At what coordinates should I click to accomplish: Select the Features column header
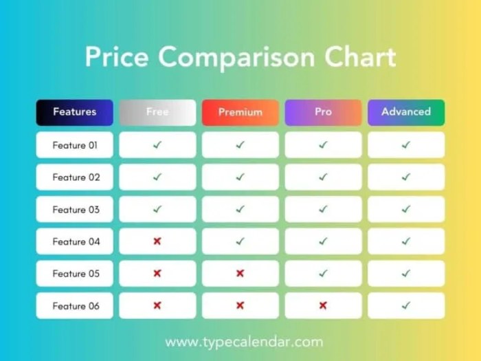(74, 112)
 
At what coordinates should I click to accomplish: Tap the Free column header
(157, 112)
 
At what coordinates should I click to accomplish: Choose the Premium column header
(240, 112)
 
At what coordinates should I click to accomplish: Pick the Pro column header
(323, 112)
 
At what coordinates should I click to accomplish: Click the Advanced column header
(405, 112)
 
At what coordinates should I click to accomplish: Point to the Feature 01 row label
(74, 145)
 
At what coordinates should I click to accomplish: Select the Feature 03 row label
(74, 209)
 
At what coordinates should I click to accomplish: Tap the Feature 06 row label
(74, 306)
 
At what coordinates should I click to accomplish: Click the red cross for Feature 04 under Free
(157, 241)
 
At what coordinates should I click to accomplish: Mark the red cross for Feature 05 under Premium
(240, 274)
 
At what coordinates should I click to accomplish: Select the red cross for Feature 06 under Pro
(323, 306)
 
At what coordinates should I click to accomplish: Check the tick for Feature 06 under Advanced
(405, 306)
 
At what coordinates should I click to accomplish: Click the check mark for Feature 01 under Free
(157, 145)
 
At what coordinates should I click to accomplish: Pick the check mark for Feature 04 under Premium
(240, 241)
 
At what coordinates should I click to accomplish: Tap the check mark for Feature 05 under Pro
(323, 274)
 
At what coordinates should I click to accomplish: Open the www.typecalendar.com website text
(244, 342)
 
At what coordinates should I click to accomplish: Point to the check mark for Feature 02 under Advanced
(405, 177)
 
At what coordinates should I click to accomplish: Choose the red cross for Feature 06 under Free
(157, 306)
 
